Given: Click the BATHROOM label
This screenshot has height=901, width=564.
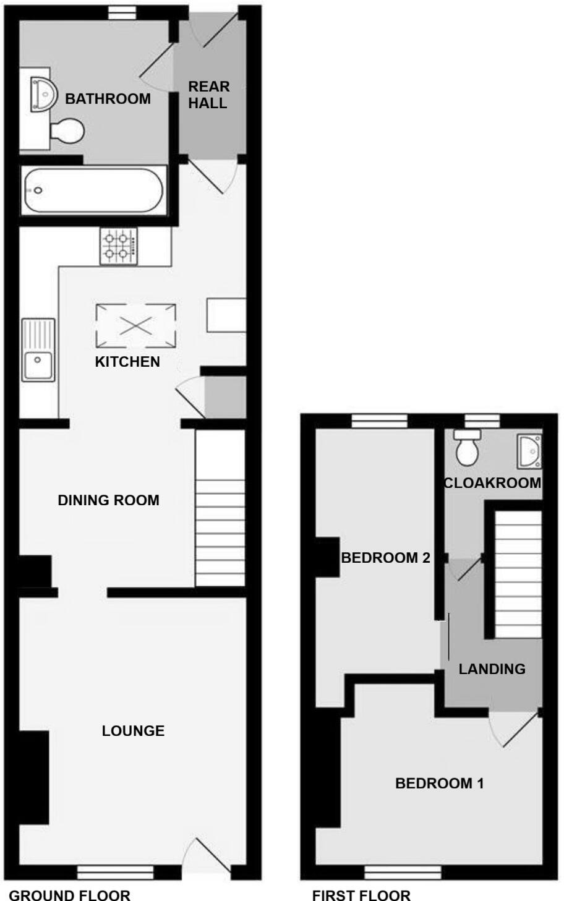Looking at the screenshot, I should coord(108,99).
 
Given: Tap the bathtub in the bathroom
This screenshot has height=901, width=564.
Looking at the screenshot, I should coord(93,190).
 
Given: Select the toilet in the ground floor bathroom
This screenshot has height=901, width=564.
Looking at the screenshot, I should coord(66,130).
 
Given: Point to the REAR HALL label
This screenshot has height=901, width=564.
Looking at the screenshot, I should coord(208,95).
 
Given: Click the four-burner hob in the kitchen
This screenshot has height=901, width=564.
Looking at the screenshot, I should coord(119,246).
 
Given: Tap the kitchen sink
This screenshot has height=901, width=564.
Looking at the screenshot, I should coord(38,349).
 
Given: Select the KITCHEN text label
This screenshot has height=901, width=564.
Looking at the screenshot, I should coord(127,362).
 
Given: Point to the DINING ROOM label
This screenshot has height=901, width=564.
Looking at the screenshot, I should coord(108,500).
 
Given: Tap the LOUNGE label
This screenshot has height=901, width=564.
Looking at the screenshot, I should coord(133,731).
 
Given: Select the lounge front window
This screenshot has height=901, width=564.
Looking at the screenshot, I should coord(116,872).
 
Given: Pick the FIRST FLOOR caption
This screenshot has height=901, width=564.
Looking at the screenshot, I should coord(361,894).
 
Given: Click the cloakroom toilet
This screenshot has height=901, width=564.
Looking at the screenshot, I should coord(467,449).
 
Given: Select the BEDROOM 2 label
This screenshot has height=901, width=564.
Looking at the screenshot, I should coord(385,558).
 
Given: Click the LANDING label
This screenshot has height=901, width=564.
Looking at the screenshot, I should coord(492,669).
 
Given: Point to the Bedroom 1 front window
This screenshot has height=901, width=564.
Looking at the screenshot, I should coord(403,872).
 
